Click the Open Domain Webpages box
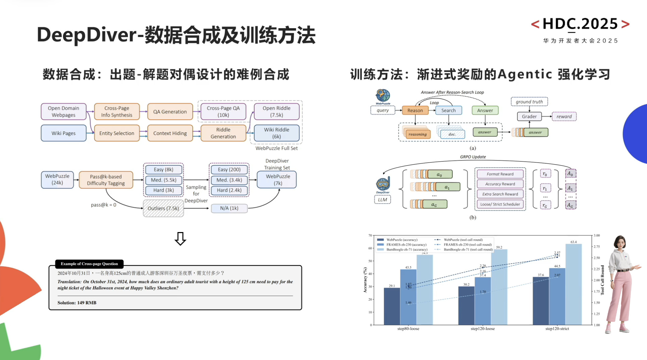[63, 111]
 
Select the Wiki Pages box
[63, 133]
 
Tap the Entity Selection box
[116, 133]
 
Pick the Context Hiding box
[170, 133]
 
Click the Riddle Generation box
[223, 133]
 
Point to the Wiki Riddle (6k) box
[277, 133]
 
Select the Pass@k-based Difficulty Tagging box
[106, 180]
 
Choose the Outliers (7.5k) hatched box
[163, 208]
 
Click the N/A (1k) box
[229, 208]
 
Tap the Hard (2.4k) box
[229, 190]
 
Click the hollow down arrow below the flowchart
[180, 239]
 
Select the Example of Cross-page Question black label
[89, 264]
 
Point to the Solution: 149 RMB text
[77, 303]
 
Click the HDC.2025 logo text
[580, 24]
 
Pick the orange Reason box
[415, 110]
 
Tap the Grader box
[529, 117]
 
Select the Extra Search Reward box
[500, 194]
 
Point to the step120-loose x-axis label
[483, 329]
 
